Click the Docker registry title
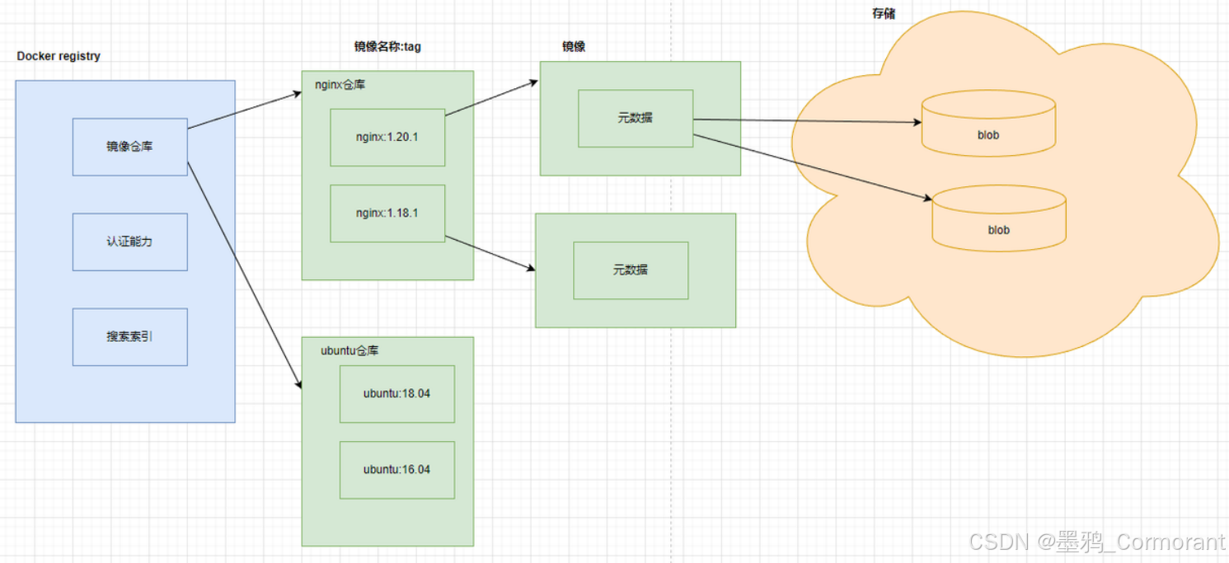pos(59,56)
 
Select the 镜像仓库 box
pos(129,147)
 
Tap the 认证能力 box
pos(129,242)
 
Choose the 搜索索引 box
pos(129,336)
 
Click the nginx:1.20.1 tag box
pos(387,137)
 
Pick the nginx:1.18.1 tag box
pos(387,213)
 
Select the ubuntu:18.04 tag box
pos(396,393)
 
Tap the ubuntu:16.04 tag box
pos(396,469)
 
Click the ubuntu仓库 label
pos(349,350)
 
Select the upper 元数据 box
pos(635,118)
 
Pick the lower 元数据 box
pos(630,270)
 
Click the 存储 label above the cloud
pos(884,14)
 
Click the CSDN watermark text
pos(1096,542)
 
